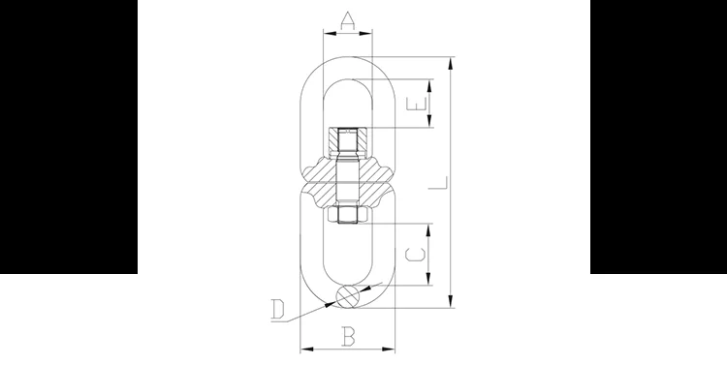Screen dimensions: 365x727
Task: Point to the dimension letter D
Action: (278, 310)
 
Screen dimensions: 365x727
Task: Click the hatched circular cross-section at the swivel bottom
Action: (347, 296)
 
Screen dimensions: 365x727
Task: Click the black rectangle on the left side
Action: (68, 137)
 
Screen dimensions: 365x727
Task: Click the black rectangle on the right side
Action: (658, 137)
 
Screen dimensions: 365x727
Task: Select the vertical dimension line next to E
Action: (430, 104)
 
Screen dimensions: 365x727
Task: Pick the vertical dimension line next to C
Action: (430, 254)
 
